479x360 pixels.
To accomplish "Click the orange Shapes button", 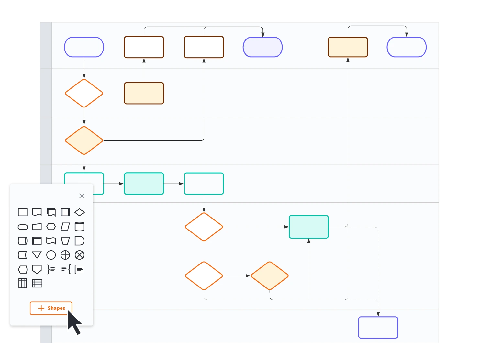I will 51,308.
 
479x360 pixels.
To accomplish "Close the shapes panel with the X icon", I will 82,196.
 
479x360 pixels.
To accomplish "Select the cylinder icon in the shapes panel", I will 79,227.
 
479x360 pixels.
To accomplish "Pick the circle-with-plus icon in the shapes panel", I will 65,255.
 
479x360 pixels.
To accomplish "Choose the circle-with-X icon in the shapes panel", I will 79,255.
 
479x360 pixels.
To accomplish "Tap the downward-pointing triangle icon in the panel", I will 37,255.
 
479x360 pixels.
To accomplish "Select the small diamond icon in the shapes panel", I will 79,212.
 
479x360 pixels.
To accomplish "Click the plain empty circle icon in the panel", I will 51,255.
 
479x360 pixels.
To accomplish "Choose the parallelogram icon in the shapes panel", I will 65,227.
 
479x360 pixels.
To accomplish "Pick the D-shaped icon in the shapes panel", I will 79,241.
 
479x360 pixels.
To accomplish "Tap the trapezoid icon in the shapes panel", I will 65,241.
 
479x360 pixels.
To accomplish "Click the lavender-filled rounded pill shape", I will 262,47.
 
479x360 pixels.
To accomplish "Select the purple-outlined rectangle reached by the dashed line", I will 378,328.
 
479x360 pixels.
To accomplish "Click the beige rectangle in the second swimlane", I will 144,93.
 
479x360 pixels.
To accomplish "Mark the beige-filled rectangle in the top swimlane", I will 348,47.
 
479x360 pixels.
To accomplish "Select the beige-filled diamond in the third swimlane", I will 84,141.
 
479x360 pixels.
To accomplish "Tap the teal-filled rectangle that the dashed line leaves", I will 309,227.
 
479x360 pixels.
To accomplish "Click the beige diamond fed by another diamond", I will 270,276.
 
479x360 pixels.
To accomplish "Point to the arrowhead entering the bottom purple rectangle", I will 378,314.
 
